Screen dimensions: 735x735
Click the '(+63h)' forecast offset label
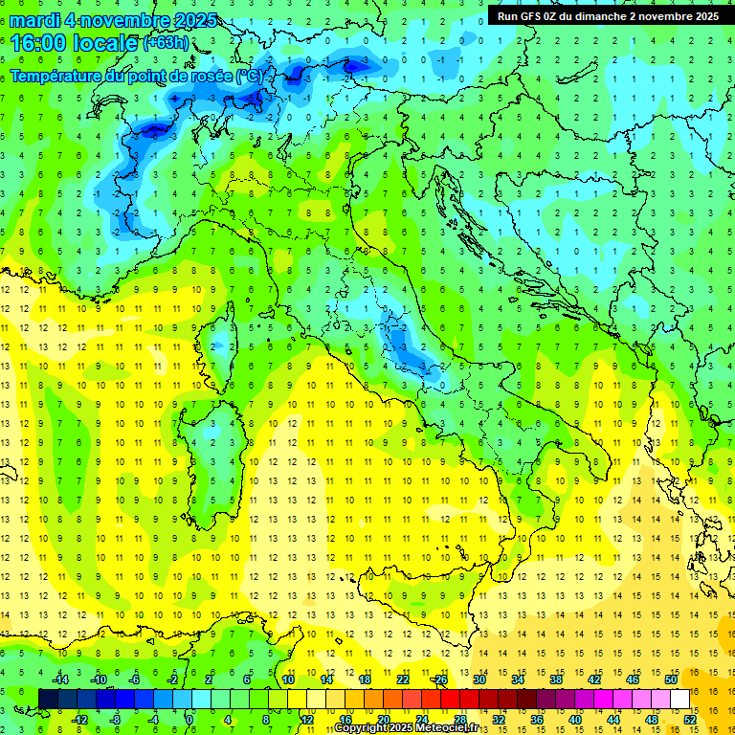[166, 43]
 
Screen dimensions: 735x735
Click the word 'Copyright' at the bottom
[360, 728]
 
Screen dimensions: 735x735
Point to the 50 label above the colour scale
[671, 679]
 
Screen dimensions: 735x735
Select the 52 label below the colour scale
[690, 719]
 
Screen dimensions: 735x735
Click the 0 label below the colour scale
[189, 719]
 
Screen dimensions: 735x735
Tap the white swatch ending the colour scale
[679, 699]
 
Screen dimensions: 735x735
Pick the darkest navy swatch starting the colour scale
[48, 699]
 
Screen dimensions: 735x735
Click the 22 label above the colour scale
[403, 679]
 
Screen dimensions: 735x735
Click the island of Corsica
[225, 340]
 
